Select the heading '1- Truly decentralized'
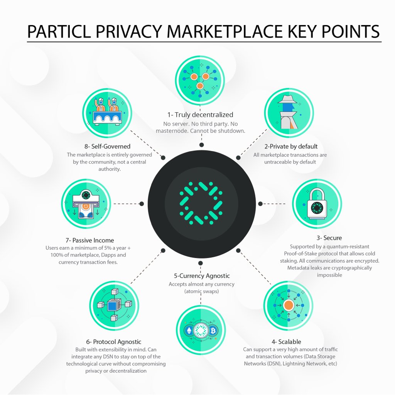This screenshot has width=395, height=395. point(200,115)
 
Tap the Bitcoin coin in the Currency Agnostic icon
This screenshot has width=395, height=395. point(213,331)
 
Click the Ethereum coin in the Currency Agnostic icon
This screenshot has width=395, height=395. point(189,331)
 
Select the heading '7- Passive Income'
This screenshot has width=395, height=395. point(90,240)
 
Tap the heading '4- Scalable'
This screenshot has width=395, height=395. point(286,341)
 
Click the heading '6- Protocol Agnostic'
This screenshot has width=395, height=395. point(114,341)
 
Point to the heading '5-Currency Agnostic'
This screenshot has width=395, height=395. point(202,276)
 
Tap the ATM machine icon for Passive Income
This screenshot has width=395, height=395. point(86,204)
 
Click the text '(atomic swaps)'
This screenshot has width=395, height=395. point(201,292)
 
